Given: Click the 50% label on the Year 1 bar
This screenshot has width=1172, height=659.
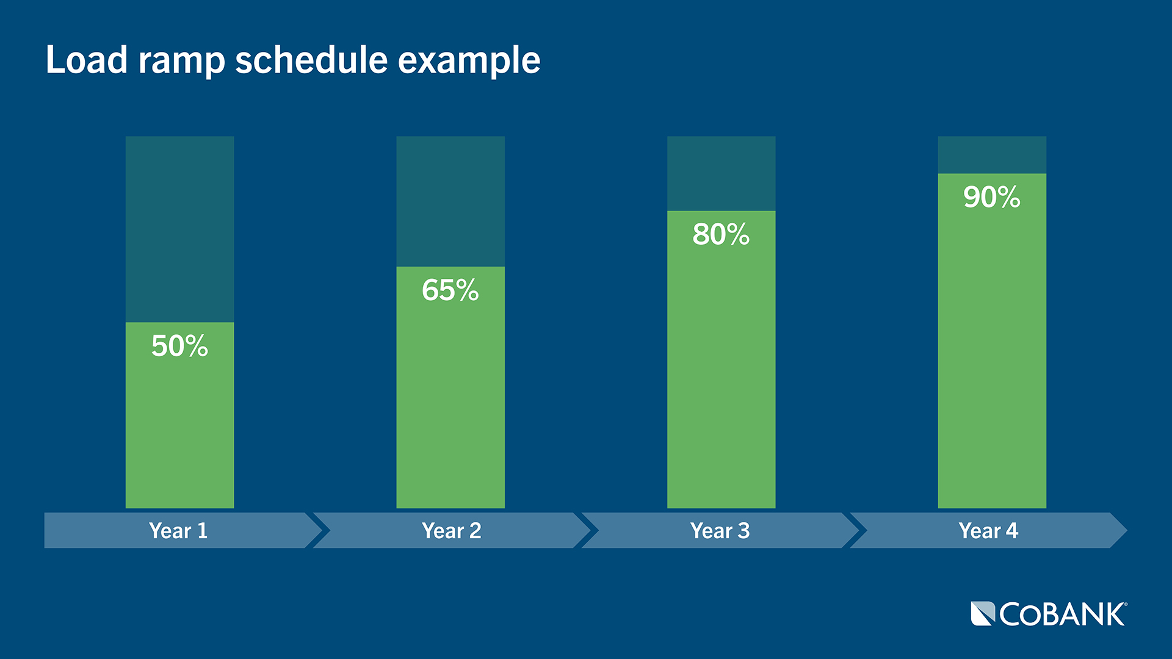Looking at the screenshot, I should (179, 346).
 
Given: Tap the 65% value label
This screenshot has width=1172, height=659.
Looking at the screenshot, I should (450, 290).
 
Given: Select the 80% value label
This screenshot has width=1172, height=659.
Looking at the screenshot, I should (721, 234).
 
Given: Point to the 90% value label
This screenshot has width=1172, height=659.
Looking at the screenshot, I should (991, 197).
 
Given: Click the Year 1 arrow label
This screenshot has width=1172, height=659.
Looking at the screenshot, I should (178, 531).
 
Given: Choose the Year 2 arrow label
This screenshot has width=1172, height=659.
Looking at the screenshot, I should (451, 531).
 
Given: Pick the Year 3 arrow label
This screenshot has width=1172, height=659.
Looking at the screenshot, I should (720, 531).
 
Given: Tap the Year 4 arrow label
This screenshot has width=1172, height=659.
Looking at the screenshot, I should (988, 531).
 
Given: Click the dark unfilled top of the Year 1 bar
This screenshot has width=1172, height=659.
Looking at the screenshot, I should (179, 229).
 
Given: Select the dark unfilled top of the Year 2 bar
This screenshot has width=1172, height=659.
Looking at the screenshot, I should (450, 201).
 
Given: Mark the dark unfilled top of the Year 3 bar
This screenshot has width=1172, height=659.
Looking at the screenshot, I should (721, 173).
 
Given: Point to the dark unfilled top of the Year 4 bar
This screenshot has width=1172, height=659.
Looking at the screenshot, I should (991, 155).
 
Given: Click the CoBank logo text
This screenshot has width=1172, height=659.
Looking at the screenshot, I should (1062, 614).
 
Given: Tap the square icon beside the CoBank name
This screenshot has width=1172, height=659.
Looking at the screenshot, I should (983, 614).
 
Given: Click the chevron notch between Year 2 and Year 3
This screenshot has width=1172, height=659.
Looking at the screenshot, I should (587, 530).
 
